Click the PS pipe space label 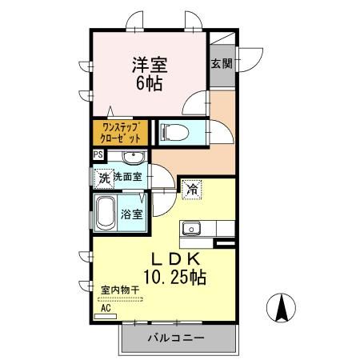98,155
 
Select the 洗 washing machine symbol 102,178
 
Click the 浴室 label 132,214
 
